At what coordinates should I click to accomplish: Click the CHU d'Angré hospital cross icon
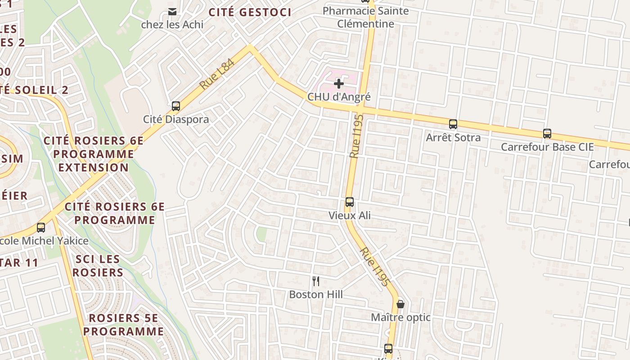click(338, 84)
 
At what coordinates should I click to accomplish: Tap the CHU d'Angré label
click(339, 97)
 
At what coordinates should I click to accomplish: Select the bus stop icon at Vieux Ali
click(350, 202)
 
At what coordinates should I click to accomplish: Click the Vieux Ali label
click(350, 216)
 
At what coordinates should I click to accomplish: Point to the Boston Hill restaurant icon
click(316, 282)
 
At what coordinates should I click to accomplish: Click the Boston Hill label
click(316, 295)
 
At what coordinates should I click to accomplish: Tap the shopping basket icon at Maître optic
click(400, 304)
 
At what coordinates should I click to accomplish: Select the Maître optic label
click(400, 318)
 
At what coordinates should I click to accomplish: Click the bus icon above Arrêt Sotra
click(453, 124)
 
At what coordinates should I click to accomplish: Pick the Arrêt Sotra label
click(453, 138)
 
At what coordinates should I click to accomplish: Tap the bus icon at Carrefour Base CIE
click(547, 134)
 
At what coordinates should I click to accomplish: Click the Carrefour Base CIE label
click(547, 147)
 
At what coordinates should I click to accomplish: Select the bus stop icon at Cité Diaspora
click(176, 106)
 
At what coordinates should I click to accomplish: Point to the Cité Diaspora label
click(176, 120)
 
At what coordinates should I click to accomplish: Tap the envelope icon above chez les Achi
click(172, 11)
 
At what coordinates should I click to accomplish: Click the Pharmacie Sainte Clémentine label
click(366, 17)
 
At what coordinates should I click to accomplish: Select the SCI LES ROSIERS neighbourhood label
click(98, 265)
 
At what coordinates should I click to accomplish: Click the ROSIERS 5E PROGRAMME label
click(123, 325)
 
